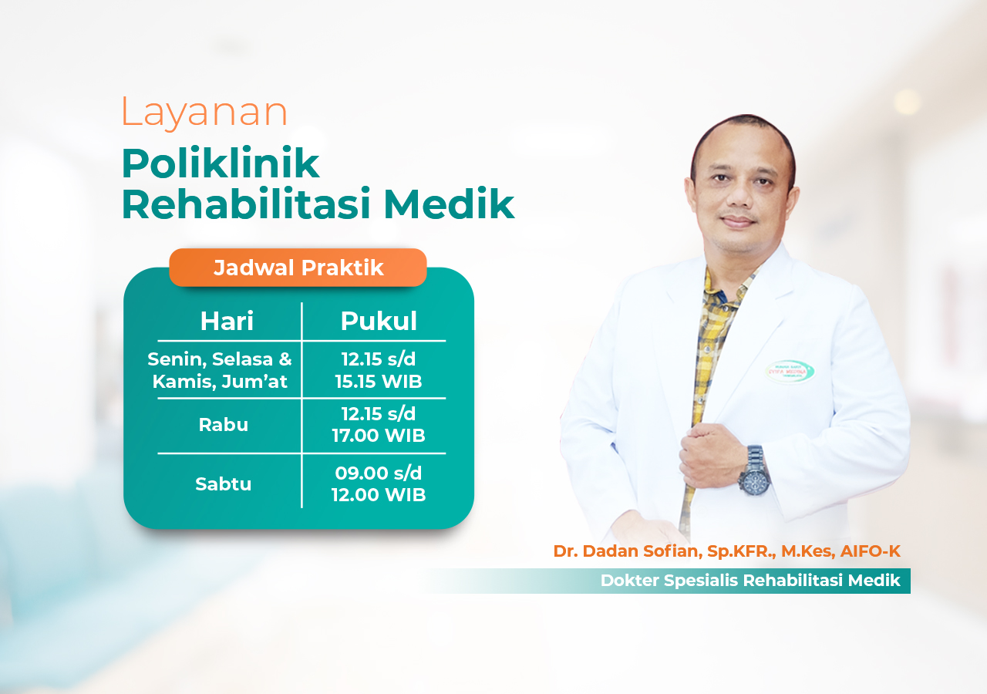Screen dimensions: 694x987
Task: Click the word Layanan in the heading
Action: coord(204,112)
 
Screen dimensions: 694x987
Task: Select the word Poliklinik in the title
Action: coord(221,163)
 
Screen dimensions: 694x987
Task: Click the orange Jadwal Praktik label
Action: coord(298,268)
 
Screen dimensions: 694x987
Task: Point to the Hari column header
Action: coord(227,322)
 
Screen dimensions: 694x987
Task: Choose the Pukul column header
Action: coord(379,322)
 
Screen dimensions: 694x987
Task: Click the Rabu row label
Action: coord(224,425)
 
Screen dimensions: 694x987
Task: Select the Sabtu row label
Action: coord(224,484)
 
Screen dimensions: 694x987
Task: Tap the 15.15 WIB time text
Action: coord(379,382)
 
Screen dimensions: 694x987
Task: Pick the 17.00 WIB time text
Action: coord(379,436)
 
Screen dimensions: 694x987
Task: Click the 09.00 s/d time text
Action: coord(379,473)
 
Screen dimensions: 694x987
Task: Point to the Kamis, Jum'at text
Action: coord(220,382)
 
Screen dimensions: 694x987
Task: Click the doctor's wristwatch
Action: coord(753,470)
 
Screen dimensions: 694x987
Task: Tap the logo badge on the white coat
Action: coord(790,371)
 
